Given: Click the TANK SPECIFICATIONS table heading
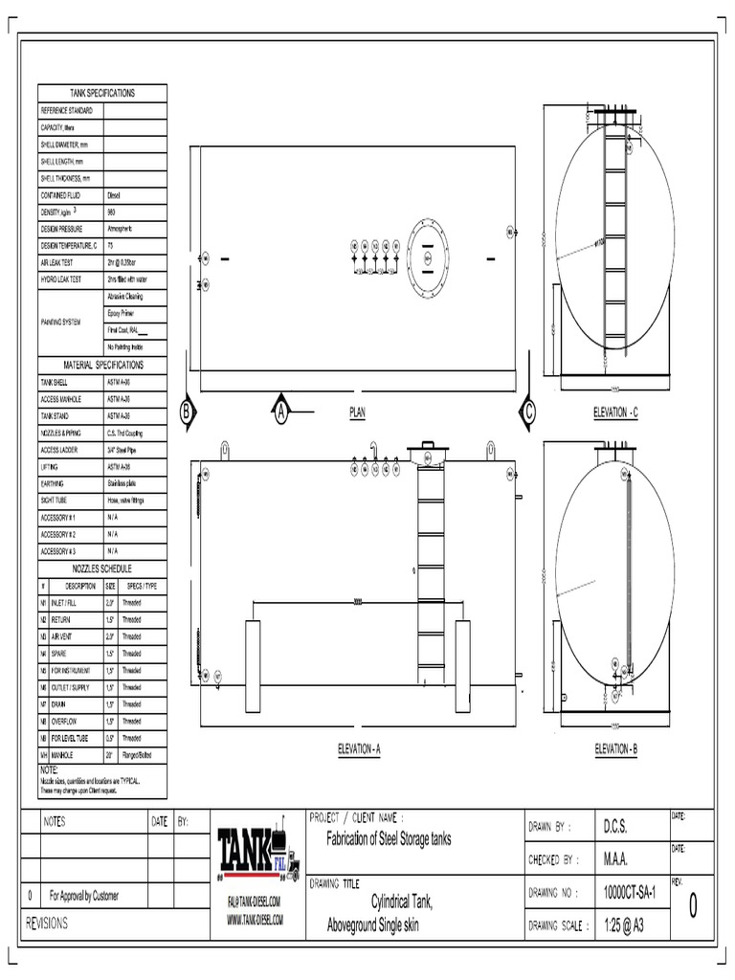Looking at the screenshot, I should point(102,93).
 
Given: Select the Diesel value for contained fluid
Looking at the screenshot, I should point(114,195).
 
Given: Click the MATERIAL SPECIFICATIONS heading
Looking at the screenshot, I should point(102,366).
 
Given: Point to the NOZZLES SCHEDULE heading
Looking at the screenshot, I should point(102,568).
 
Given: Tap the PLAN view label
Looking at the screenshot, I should point(358,412).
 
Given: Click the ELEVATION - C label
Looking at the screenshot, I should point(615,412).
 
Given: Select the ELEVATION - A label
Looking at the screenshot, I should point(359,749).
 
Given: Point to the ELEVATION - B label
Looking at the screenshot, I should point(615,748).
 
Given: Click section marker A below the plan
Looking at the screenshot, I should point(281,412).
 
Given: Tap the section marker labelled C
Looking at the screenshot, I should point(527,412).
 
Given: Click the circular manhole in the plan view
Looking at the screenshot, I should point(427,257).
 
